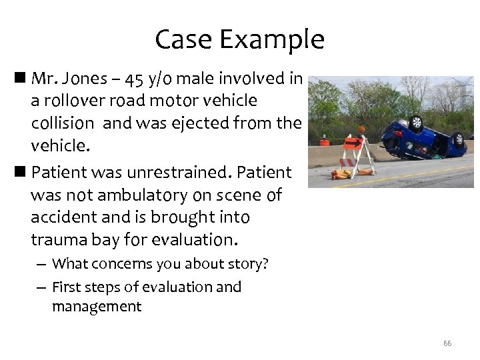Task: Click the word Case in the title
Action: point(183,40)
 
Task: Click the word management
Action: point(97,307)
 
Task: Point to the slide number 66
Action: point(447,343)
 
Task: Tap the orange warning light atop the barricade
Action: point(362,129)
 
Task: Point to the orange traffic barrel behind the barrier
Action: point(325,142)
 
